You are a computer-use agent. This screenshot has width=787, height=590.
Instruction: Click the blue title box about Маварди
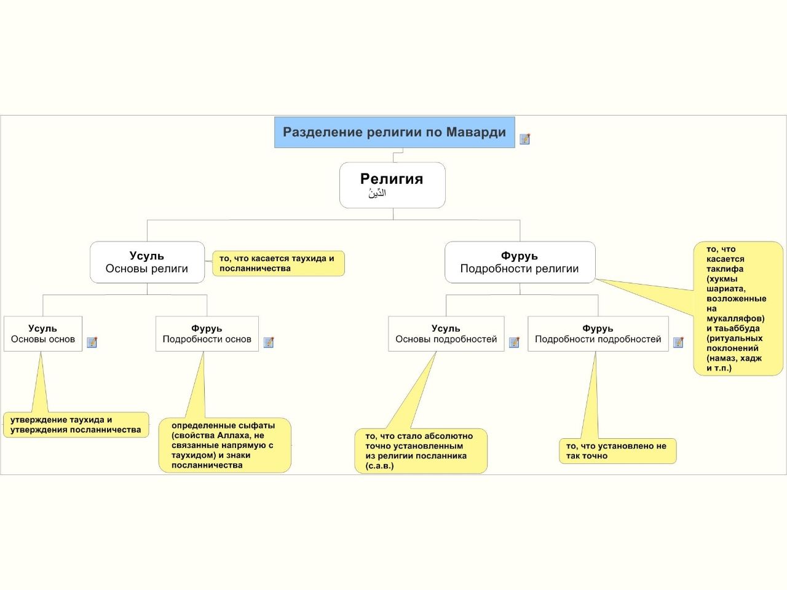[394, 132]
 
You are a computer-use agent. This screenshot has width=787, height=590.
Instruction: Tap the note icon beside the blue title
[524, 139]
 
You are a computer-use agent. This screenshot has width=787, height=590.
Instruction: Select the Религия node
[392, 185]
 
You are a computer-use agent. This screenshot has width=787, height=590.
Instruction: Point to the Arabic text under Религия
[377, 194]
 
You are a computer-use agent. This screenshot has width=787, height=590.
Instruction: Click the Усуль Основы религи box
[147, 262]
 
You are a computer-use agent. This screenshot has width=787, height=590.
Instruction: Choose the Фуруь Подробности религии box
[520, 262]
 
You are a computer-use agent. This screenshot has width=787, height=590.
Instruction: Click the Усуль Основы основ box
[43, 334]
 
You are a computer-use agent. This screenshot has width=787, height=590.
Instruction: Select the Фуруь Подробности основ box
[207, 334]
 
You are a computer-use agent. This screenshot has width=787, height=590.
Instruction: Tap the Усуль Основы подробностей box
[446, 334]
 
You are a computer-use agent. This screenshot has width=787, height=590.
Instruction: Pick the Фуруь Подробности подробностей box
[598, 334]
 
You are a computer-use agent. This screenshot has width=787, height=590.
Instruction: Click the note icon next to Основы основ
[92, 342]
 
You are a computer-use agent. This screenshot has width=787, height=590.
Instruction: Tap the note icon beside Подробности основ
[269, 342]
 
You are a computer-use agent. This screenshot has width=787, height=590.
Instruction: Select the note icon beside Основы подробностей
[514, 342]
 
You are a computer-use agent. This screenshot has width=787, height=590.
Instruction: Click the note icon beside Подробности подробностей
[678, 342]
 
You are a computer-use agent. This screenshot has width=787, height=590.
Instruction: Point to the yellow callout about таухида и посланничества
[279, 263]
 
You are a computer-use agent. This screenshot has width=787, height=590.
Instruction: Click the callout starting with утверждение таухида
[76, 425]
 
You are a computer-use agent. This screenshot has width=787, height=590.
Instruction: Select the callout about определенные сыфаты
[225, 445]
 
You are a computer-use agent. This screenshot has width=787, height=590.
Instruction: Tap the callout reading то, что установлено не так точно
[618, 450]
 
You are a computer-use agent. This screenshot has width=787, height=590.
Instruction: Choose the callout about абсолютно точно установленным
[421, 450]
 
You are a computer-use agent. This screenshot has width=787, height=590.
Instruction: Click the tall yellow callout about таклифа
[738, 309]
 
